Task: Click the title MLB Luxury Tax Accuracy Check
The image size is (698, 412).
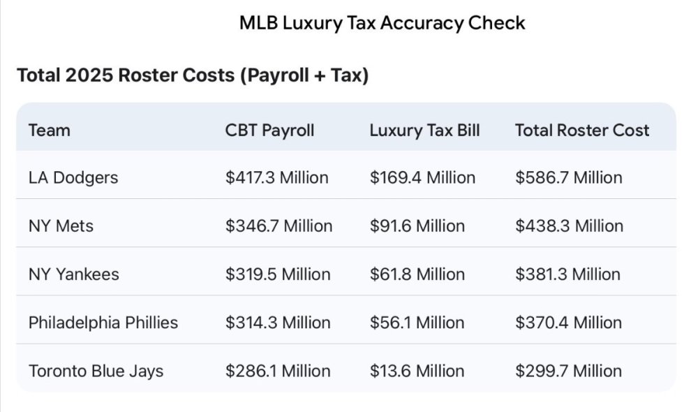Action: click(382, 23)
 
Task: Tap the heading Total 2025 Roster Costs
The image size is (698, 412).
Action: click(193, 75)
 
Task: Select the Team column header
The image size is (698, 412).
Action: click(50, 130)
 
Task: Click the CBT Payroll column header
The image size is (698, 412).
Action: click(269, 130)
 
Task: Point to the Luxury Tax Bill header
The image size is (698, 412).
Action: click(424, 130)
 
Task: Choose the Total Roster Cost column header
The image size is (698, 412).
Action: click(582, 130)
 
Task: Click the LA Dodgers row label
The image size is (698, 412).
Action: click(73, 177)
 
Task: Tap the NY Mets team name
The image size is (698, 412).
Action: click(61, 226)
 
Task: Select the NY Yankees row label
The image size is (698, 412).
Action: click(73, 274)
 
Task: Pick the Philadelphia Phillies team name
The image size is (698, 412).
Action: click(103, 322)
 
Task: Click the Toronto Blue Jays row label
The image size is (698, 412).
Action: click(96, 370)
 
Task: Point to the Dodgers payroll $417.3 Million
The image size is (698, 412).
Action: click(276, 177)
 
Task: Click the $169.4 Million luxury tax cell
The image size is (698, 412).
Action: click(422, 177)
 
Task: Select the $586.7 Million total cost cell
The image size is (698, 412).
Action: click(568, 177)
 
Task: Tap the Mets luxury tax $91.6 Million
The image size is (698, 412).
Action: click(417, 226)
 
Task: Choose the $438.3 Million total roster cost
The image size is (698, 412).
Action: click(569, 226)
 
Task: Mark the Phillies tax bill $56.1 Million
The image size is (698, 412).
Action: click(417, 322)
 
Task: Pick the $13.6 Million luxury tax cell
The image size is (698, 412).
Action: click(417, 370)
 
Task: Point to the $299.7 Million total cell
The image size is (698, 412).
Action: click(568, 370)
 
